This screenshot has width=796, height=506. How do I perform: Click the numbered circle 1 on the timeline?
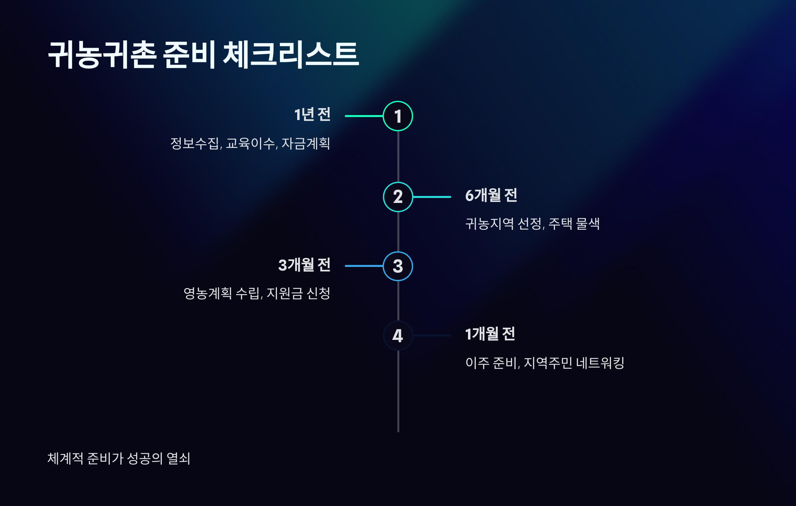pos(398,116)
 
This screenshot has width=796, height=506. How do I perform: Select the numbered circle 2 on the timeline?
pos(398,197)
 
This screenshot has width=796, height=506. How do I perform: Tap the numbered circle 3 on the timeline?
pos(398,266)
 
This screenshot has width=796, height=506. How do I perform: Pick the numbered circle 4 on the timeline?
pos(398,336)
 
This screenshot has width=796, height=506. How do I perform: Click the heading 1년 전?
pos(312,115)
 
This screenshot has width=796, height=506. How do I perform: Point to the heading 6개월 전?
pos(491,195)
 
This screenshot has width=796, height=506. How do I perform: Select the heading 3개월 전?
pos(304,265)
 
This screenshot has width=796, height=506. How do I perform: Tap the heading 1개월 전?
pos(490,334)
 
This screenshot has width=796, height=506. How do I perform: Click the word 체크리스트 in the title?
pos(291,55)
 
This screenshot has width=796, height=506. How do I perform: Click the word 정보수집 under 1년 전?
pos(195,144)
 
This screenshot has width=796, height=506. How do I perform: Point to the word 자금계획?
pos(306,144)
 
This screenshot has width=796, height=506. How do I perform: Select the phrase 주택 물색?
pos(574,224)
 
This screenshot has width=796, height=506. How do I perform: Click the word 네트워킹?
pos(600,363)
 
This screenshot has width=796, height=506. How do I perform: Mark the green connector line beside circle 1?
pos(364,116)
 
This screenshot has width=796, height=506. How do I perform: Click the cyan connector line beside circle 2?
pos(432,197)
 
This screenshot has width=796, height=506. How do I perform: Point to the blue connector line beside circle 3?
pos(364,266)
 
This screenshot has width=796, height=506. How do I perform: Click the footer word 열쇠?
pos(178,459)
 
